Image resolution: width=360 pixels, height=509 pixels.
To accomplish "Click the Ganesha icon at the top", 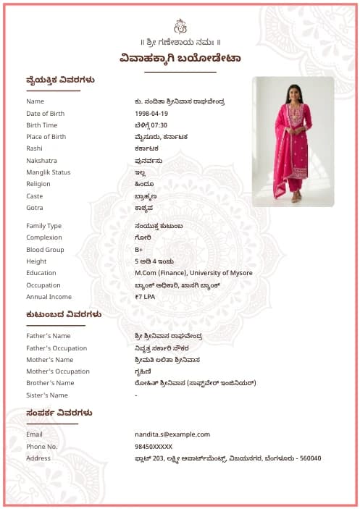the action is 180,26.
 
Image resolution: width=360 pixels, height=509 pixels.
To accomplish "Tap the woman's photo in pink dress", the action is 293,141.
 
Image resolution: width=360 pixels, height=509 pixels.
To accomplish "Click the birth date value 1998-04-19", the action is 151,114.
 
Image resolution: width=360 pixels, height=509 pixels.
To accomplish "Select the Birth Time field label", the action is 41,125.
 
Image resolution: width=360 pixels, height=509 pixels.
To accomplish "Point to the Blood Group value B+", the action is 139,250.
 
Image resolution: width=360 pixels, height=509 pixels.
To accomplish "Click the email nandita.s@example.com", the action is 172,434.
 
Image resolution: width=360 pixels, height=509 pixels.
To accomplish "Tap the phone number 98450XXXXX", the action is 154,447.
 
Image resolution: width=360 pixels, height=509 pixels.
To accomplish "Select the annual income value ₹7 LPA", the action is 145,297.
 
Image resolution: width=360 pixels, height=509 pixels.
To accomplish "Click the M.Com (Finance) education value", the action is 193,273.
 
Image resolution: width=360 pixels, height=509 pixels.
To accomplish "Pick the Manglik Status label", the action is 48,172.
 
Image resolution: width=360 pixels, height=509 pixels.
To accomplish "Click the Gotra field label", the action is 35,208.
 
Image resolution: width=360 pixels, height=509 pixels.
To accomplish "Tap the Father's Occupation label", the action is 56,348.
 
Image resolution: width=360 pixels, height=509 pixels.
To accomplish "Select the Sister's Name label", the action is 47,395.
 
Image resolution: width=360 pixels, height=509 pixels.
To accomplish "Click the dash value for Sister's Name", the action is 136,395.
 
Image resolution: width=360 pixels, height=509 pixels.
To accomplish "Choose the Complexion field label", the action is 44,237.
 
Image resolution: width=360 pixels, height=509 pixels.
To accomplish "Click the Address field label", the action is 38,458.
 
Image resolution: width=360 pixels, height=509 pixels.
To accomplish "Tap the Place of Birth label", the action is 46,137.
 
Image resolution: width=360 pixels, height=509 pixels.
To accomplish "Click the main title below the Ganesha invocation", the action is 180,59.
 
